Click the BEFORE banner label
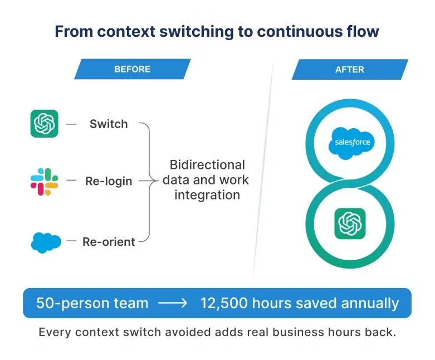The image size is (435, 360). click(x=132, y=70)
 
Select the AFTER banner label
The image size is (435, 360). click(x=349, y=70)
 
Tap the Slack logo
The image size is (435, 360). click(x=45, y=181)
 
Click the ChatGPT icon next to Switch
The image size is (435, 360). click(x=45, y=124)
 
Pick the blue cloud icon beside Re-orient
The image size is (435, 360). click(x=46, y=242)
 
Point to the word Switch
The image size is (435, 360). click(x=109, y=124)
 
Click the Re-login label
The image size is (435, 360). click(x=109, y=181)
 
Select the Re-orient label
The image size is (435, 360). click(x=109, y=242)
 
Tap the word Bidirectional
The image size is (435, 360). click(x=207, y=165)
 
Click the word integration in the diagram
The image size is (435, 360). click(x=207, y=195)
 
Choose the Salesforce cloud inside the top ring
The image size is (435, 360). click(x=352, y=142)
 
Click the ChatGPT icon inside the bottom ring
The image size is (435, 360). click(x=350, y=223)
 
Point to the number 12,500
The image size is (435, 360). click(x=223, y=303)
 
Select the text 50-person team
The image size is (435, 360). click(x=92, y=303)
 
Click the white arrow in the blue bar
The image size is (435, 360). click(x=174, y=304)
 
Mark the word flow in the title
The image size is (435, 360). click(x=362, y=31)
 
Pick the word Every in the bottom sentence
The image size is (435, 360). click(x=55, y=333)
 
